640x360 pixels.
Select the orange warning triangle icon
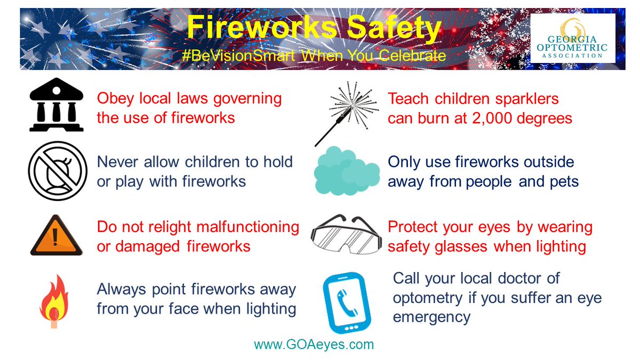[55, 236]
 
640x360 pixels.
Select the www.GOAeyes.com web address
[314, 345]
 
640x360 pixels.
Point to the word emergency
[431, 317]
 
